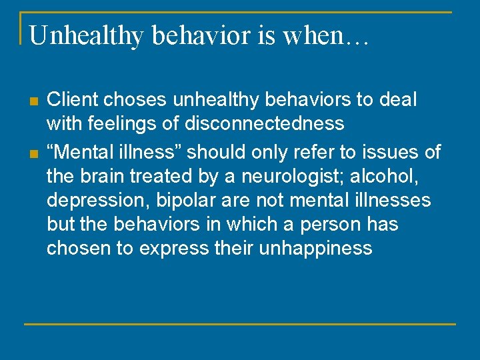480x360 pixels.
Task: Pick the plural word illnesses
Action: tap(391, 201)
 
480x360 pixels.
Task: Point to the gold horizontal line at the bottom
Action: tap(240, 324)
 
